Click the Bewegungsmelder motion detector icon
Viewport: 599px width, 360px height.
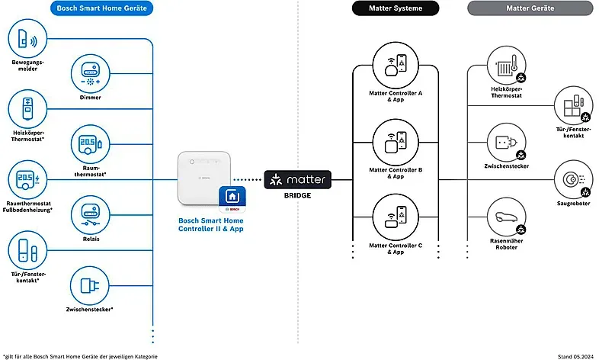[27, 39]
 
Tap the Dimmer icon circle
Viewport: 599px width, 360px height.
[90, 74]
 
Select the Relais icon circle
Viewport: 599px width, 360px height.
[90, 215]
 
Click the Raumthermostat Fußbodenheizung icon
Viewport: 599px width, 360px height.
[27, 179]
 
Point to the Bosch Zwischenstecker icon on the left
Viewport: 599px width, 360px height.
[89, 286]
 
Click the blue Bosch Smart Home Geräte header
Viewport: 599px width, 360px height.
[101, 8]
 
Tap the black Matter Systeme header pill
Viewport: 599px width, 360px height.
[396, 8]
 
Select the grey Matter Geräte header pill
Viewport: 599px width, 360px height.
[530, 8]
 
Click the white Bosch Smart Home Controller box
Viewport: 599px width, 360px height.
[204, 178]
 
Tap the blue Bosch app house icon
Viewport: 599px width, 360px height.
[232, 199]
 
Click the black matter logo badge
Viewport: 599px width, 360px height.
[297, 179]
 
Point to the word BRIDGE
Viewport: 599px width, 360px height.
[297, 196]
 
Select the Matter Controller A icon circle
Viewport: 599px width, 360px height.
[396, 65]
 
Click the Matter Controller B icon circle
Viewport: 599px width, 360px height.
[396, 142]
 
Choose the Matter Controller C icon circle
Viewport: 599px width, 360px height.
[396, 217]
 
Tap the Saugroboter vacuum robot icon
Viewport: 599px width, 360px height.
[573, 179]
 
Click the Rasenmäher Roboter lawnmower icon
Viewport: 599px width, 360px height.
[507, 217]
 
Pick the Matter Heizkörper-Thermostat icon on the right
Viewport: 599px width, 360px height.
[507, 66]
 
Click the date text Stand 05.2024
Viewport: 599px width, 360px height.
[575, 356]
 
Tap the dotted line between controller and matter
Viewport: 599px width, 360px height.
[248, 179]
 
